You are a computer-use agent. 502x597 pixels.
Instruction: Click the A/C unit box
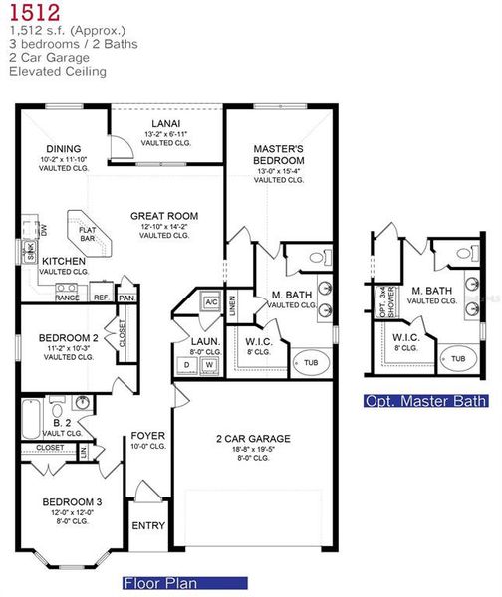coord(211,301)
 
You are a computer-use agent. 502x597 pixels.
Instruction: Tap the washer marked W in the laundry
coord(209,365)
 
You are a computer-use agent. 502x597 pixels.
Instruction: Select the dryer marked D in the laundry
coord(187,365)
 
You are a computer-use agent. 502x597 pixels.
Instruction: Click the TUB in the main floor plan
coord(312,362)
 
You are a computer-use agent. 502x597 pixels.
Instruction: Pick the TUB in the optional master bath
coord(458,358)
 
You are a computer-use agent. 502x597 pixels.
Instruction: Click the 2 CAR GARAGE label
coord(253,438)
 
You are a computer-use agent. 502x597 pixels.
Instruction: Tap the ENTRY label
coord(148,526)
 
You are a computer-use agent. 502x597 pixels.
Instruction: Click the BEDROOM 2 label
coord(68,338)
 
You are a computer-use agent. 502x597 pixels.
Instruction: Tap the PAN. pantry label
coord(126,297)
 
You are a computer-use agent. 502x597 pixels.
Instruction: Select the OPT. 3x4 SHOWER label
coord(380,298)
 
